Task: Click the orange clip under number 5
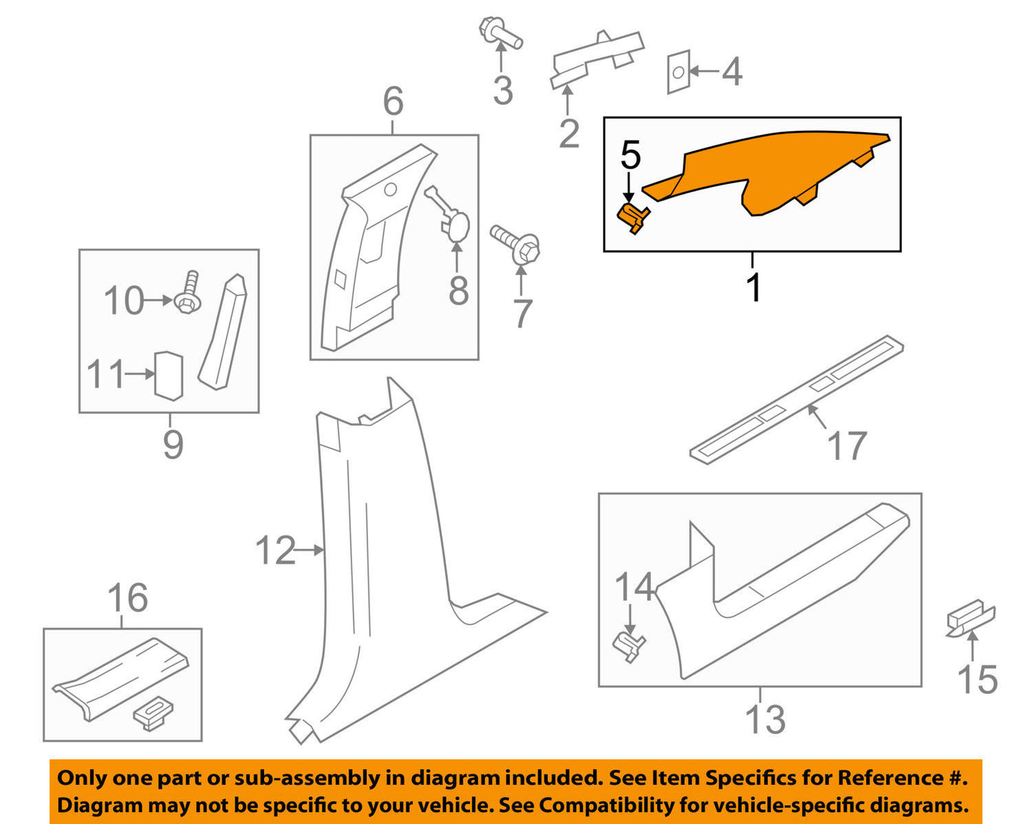click(x=633, y=219)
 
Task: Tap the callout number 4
click(x=732, y=71)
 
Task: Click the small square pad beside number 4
click(x=678, y=72)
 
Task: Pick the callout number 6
click(x=394, y=101)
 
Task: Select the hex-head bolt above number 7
click(x=516, y=245)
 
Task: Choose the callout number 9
click(x=173, y=445)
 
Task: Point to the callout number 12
click(x=275, y=550)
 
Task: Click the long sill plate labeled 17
click(x=796, y=399)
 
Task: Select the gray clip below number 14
click(x=628, y=647)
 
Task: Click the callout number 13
click(x=766, y=720)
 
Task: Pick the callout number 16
click(x=128, y=598)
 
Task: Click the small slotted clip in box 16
click(x=153, y=715)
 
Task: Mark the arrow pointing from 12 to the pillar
click(x=309, y=550)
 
